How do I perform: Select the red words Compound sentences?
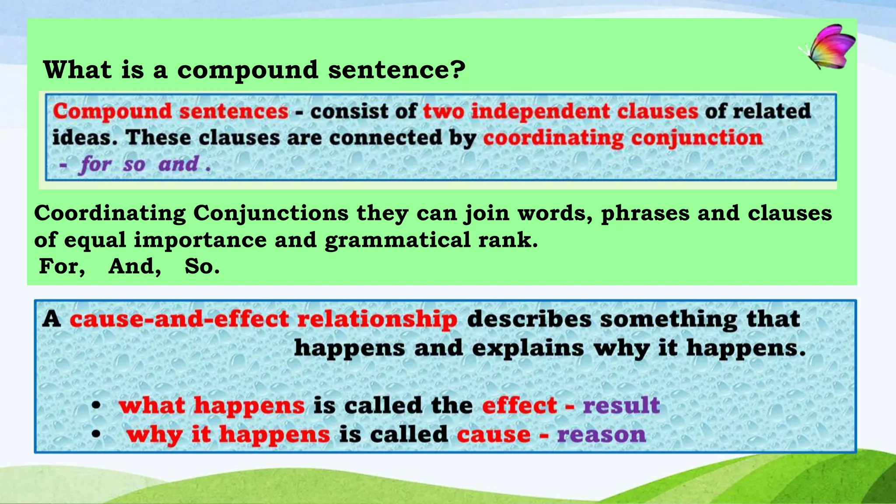coord(171,111)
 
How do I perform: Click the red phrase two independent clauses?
coord(560,111)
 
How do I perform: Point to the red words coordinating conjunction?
coord(623,138)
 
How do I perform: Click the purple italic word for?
coord(95,164)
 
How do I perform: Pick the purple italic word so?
coord(134,165)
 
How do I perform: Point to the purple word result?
coord(621,405)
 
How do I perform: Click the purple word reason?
coord(602,434)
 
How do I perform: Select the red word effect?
coord(519,405)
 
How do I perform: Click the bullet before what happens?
coord(96,405)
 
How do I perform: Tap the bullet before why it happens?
coord(96,434)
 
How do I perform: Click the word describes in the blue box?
coord(529,319)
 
